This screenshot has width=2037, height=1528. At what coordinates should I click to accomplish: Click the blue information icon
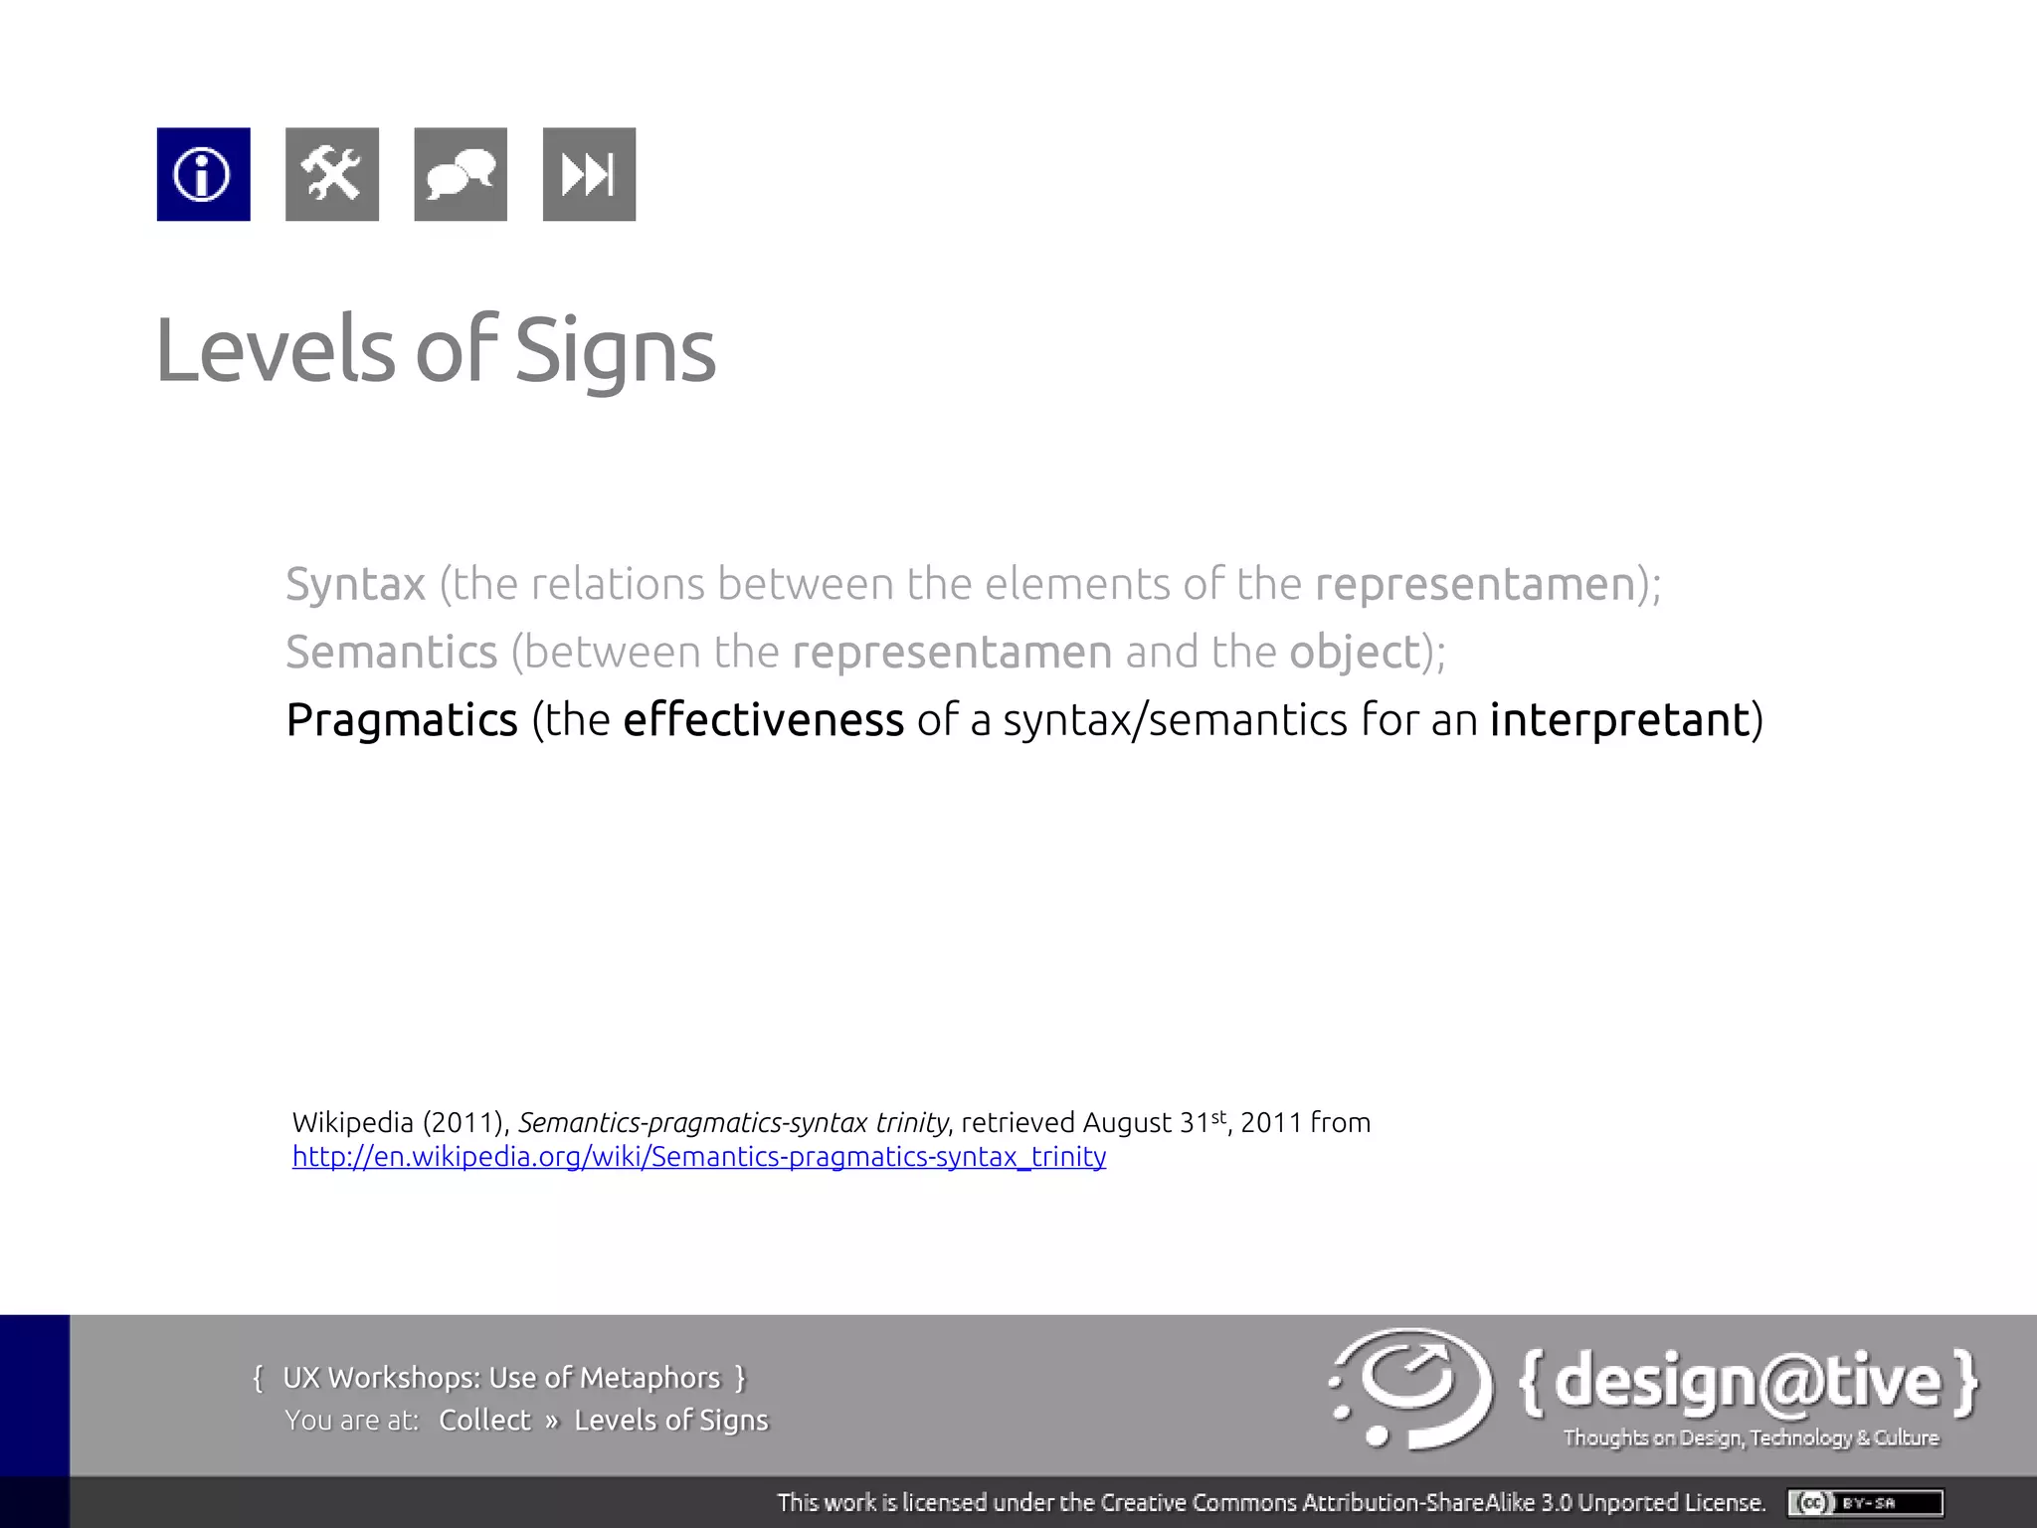click(203, 174)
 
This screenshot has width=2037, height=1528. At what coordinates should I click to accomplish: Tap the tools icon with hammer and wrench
click(331, 174)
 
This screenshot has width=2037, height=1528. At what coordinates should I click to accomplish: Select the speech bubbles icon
click(460, 174)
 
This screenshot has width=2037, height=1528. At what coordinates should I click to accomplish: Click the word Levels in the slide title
click(276, 350)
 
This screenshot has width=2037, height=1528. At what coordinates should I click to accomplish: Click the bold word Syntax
click(355, 584)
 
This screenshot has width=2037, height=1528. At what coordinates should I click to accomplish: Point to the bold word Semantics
click(391, 653)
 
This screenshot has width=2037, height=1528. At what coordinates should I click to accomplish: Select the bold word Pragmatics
click(402, 720)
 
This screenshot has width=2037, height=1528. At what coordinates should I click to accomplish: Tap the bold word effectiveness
click(763, 720)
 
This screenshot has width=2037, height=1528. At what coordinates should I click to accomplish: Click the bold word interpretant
click(1619, 720)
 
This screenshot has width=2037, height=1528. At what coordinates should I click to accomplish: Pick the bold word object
click(1355, 653)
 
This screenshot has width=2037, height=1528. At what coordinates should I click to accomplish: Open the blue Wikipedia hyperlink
click(698, 1157)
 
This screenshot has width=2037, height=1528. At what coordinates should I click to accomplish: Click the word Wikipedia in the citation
click(352, 1123)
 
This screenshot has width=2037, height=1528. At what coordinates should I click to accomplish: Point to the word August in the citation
click(1127, 1123)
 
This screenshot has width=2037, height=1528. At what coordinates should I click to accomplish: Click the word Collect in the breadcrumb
click(484, 1420)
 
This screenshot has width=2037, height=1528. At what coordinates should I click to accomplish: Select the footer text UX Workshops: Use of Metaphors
click(500, 1378)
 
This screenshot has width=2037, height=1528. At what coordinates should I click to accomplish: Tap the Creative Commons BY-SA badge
click(1864, 1502)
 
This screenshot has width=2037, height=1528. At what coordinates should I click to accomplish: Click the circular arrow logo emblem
click(1410, 1388)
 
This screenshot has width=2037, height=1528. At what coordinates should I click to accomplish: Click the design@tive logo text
click(1748, 1382)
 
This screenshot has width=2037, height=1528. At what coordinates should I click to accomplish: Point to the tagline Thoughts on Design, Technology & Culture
click(1751, 1437)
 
